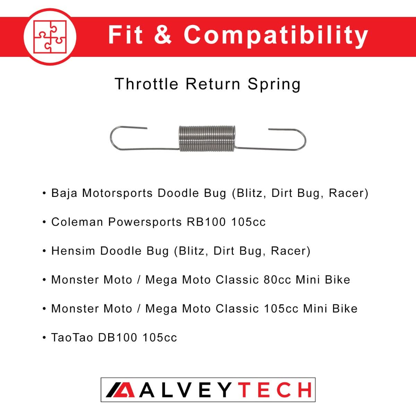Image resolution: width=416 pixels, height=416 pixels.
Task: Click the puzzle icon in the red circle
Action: [x=50, y=36]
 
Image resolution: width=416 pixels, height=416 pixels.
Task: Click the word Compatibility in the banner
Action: [x=276, y=35]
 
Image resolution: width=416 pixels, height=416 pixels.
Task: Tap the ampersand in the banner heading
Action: [x=163, y=35]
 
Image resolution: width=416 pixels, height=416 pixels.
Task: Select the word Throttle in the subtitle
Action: [x=147, y=84]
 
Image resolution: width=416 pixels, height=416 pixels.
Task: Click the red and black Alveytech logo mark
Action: [x=120, y=390]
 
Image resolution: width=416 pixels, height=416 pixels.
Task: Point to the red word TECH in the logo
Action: [x=276, y=390]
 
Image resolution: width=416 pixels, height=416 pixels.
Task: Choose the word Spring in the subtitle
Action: [x=274, y=85]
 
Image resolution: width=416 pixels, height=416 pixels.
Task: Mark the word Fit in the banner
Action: [x=125, y=35]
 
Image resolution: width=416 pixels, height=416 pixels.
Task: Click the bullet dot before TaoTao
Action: [x=44, y=337]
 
